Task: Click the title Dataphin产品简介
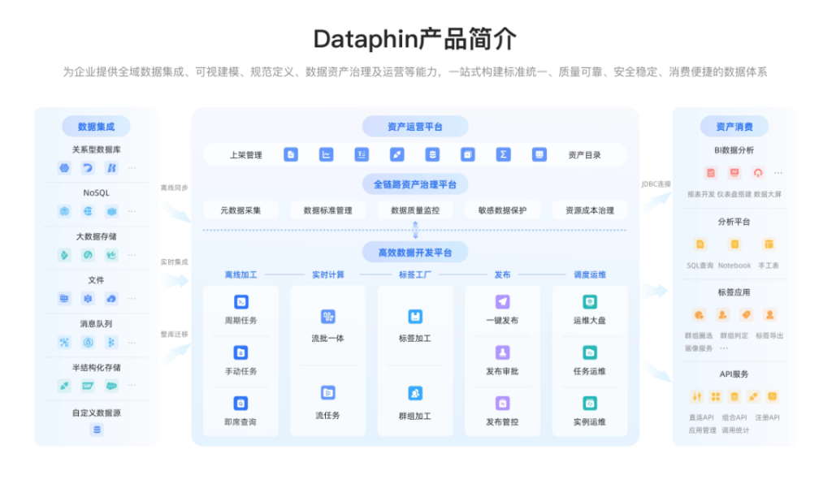point(414,39)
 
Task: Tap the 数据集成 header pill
point(96,127)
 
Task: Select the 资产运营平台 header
point(414,127)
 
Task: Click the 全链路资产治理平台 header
point(414,184)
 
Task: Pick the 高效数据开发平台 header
point(414,253)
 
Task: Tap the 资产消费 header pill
point(734,127)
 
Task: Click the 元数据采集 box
point(240,210)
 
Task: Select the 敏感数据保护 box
point(502,210)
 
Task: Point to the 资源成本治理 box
point(590,210)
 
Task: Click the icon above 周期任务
point(240,302)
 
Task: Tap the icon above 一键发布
point(502,302)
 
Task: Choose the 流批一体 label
point(327,338)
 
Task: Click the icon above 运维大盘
point(590,302)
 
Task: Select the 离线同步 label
point(174,188)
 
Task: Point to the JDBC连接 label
point(656,184)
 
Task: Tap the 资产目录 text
point(584,155)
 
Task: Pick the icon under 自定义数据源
point(97,430)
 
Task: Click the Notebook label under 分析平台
point(734,266)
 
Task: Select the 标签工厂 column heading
point(414,274)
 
